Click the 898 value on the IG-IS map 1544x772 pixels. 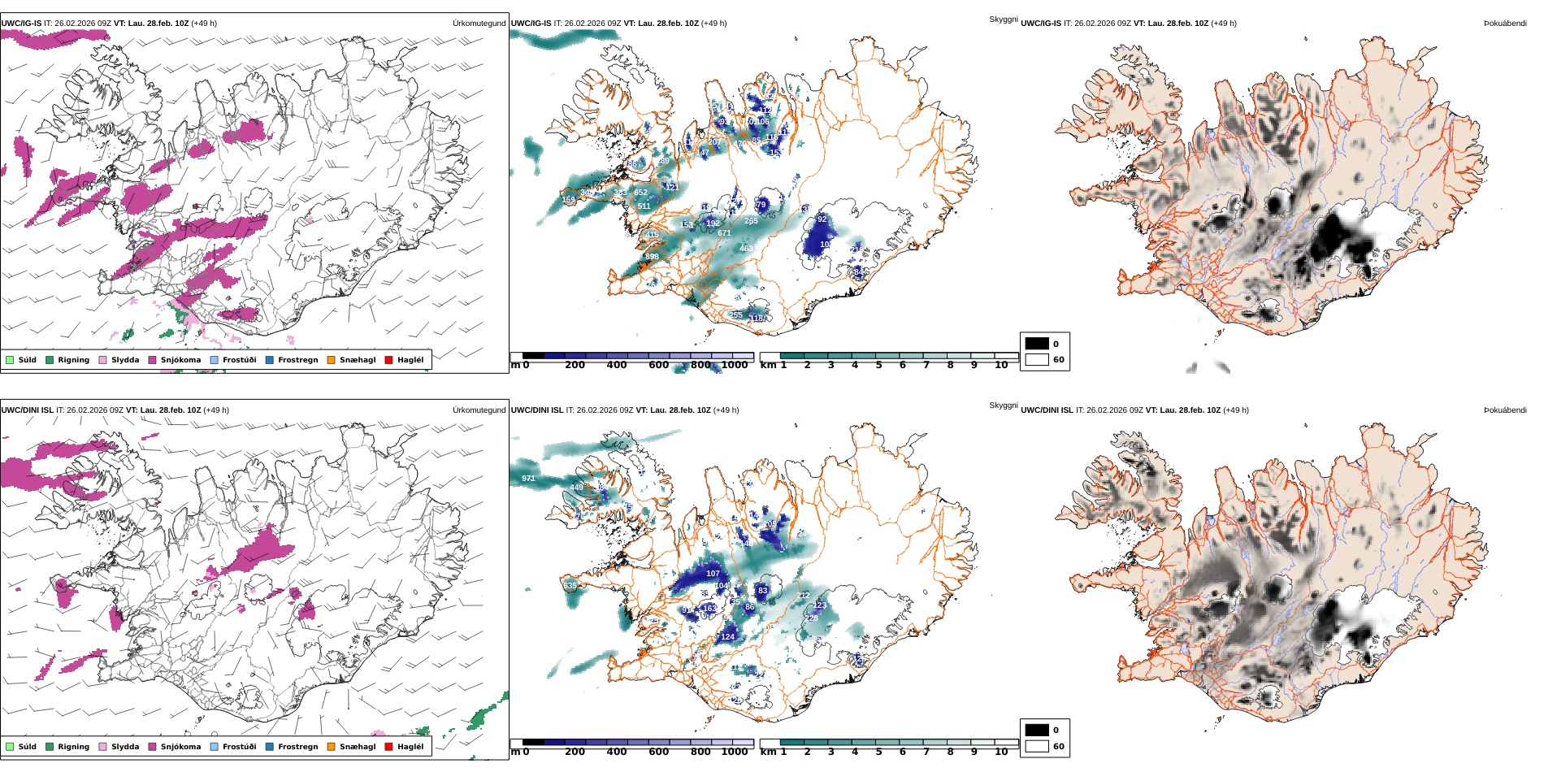(x=652, y=257)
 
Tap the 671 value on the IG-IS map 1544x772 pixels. (x=724, y=233)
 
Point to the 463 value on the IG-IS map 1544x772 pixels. (x=747, y=249)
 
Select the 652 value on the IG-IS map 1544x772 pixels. (x=641, y=193)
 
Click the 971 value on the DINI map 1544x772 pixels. (x=528, y=479)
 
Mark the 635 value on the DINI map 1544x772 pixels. (x=570, y=586)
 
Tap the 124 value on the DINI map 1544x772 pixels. (x=727, y=637)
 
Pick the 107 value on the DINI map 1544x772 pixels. (x=713, y=574)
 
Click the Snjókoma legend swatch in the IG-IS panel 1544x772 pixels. (x=152, y=360)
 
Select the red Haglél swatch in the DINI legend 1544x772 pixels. (x=388, y=747)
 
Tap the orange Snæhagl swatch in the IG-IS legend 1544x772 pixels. (x=331, y=360)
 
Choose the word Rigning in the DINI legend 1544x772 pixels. (x=73, y=747)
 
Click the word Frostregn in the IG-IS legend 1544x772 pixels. (x=297, y=360)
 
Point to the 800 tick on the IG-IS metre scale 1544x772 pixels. (x=700, y=365)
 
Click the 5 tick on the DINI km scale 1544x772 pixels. (x=878, y=752)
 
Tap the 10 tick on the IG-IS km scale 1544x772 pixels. (x=1001, y=365)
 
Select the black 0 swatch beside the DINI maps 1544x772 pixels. (x=1037, y=730)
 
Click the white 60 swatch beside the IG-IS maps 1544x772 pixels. (x=1037, y=359)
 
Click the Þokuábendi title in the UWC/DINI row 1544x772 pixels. (x=1505, y=410)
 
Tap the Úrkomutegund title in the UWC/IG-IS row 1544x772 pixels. (x=479, y=24)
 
